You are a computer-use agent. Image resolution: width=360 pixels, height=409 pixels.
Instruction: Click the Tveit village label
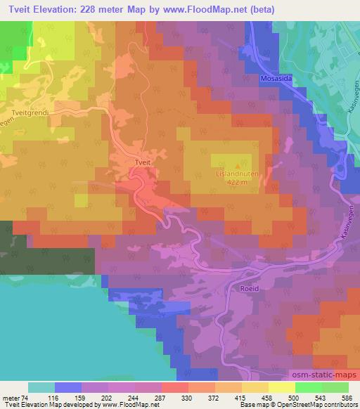[x=143, y=162]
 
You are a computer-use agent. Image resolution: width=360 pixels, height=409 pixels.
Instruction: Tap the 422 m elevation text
[x=237, y=182]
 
